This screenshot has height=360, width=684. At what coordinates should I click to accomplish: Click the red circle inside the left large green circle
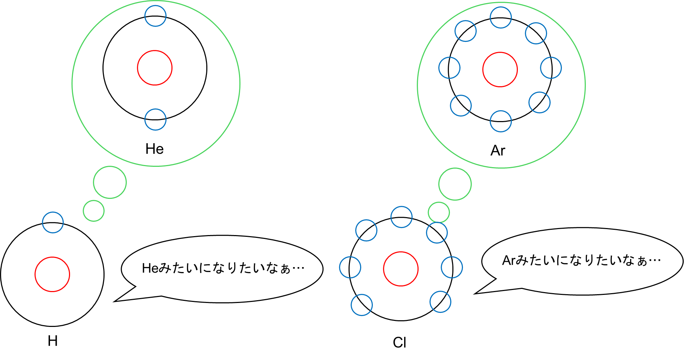click(x=155, y=68)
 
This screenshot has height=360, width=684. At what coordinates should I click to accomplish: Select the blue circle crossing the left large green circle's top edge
click(x=155, y=16)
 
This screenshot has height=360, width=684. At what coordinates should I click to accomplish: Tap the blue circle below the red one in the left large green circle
click(x=155, y=120)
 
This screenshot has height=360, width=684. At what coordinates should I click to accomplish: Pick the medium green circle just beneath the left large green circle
click(x=110, y=182)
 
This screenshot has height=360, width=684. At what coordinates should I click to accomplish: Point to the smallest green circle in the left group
click(x=94, y=211)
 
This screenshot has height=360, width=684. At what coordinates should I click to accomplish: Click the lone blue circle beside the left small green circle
click(x=53, y=222)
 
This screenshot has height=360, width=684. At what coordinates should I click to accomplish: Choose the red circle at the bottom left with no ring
click(x=52, y=274)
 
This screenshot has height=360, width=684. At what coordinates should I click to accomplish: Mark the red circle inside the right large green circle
click(x=500, y=70)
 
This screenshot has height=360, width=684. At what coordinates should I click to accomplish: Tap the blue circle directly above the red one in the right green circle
click(x=501, y=17)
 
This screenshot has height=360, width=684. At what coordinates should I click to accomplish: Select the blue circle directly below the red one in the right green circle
click(x=501, y=121)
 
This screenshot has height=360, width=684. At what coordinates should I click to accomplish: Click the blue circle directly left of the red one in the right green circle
click(x=449, y=68)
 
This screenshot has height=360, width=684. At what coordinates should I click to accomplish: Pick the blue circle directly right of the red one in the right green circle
click(x=551, y=68)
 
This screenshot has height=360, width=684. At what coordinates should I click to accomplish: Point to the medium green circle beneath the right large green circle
click(x=455, y=184)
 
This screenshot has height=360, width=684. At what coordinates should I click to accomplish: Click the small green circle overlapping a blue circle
click(x=439, y=213)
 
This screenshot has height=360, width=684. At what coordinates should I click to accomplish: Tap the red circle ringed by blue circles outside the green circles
click(x=401, y=269)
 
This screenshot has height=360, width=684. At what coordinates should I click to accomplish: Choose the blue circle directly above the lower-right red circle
click(x=401, y=217)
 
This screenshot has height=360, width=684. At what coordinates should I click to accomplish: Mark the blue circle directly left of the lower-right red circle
click(x=350, y=267)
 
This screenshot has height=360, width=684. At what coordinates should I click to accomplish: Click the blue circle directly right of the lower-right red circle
click(x=452, y=267)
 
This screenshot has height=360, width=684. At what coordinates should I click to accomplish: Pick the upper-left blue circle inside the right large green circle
click(x=465, y=31)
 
